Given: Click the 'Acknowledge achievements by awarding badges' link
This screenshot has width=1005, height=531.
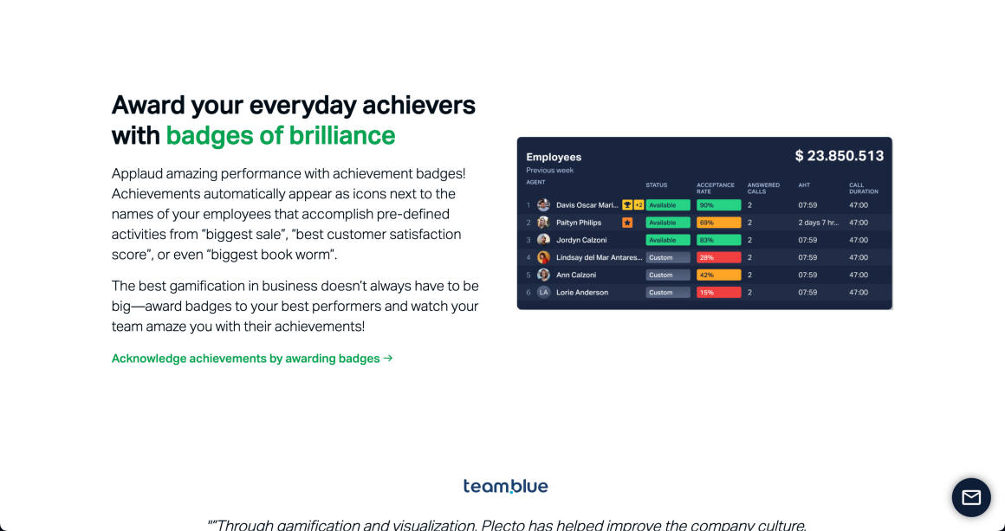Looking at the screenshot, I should pos(252,359).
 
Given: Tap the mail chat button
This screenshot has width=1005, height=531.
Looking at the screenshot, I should pos(971,497).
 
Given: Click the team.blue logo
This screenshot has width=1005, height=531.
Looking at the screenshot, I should pos(505,486).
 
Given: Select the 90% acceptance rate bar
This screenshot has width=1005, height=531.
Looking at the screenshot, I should pos(718,205).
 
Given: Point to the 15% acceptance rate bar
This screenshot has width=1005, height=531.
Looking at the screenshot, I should pos(718,293).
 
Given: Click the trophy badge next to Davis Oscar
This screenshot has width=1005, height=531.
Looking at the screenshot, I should pos(626,205).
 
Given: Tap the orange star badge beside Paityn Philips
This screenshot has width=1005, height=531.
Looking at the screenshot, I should pos(627,223).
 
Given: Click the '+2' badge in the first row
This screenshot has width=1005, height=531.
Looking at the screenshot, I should pos(639,205).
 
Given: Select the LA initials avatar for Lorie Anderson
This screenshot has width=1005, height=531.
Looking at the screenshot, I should pos(543,293).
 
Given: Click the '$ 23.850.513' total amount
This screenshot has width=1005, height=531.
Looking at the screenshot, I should pos(839,156).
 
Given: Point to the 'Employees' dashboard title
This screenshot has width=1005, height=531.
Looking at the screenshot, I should pos(554,157).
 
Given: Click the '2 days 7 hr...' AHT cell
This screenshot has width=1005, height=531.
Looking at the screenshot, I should pos(819,223).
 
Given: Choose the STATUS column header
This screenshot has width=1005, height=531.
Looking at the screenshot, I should pos(657,185).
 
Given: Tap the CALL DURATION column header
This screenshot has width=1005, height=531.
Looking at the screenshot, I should pos(863,188).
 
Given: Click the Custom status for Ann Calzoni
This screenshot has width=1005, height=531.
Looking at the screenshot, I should pos(667,275).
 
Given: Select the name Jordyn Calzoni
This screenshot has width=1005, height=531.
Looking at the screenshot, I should pos(581,240).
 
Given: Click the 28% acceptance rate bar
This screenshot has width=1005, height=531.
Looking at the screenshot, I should pos(718,257).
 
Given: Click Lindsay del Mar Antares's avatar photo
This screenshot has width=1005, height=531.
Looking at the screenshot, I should pos(543,257).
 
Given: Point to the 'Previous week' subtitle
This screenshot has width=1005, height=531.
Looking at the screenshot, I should pos(550,171).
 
